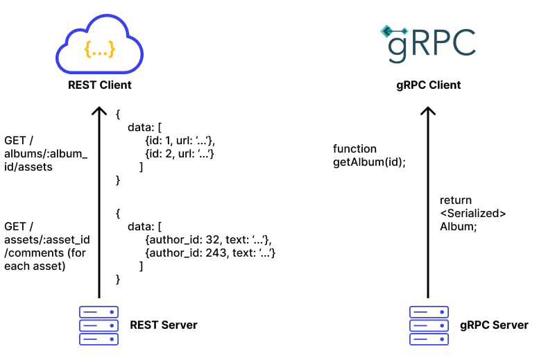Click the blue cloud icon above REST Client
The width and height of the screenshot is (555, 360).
[x=99, y=45]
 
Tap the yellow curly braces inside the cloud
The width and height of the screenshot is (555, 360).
[x=99, y=49]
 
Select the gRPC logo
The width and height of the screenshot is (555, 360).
[x=427, y=43]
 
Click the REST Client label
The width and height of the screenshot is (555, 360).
[x=99, y=85]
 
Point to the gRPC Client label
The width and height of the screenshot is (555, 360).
[x=428, y=85]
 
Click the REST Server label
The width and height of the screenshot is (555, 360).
[x=164, y=325]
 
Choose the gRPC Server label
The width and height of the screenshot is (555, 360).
[x=494, y=325]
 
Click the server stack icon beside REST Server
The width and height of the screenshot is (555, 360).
[x=99, y=325]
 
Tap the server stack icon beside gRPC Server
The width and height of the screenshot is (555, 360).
[x=429, y=325]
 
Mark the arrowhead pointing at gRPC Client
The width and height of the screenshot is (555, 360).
[x=429, y=111]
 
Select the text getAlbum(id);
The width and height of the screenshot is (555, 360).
[x=369, y=162]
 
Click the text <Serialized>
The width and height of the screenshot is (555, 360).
[x=472, y=213]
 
